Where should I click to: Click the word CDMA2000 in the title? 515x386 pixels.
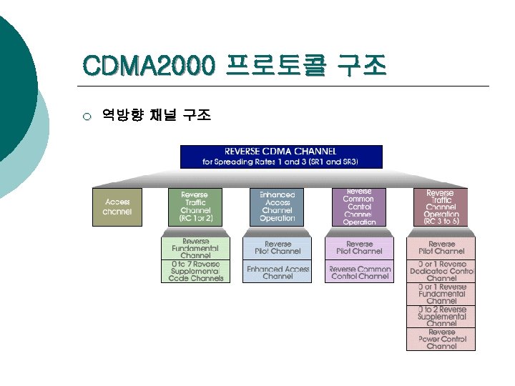point(149,66)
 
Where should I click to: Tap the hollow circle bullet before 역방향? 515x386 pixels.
point(87,116)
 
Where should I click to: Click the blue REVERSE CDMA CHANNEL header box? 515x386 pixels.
point(281,157)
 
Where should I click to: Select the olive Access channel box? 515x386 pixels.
point(117,207)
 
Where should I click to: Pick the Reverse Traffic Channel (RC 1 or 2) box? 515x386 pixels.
point(195,207)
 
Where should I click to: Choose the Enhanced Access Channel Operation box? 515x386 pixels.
point(278,207)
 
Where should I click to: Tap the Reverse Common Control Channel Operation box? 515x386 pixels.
point(359,207)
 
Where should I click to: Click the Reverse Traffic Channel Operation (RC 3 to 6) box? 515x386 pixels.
point(441,207)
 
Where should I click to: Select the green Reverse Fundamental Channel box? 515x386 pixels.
point(195,248)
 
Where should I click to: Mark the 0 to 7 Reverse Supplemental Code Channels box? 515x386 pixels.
point(195,271)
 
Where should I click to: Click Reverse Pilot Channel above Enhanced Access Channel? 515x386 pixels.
point(278,248)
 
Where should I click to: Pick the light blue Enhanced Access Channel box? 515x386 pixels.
point(278,272)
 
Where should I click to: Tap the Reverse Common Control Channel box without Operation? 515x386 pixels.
point(359,272)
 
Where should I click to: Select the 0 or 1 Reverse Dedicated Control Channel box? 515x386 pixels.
point(441,271)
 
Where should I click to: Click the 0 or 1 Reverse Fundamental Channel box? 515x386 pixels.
point(441,294)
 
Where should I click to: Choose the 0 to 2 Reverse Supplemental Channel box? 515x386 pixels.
point(441,317)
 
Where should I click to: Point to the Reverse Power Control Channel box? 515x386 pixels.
point(441,339)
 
